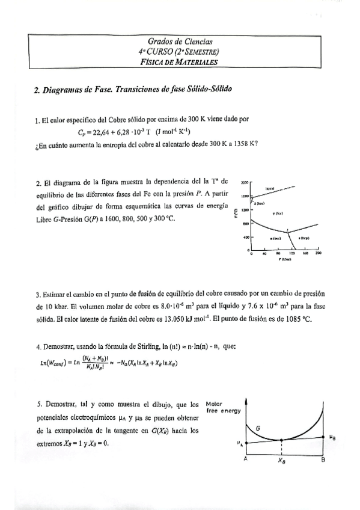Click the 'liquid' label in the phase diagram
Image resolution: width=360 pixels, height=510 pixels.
(270, 189)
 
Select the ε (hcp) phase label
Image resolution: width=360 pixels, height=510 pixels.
(304, 238)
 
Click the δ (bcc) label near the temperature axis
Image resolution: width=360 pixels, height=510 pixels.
(259, 203)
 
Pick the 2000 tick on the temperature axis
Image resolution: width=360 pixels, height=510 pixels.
(244, 181)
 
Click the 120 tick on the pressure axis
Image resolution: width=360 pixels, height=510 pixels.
(291, 253)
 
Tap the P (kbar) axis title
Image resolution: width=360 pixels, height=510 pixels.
(284, 259)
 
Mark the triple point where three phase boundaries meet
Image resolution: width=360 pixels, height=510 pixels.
(288, 232)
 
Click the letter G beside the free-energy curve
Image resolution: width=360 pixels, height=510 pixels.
(258, 428)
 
